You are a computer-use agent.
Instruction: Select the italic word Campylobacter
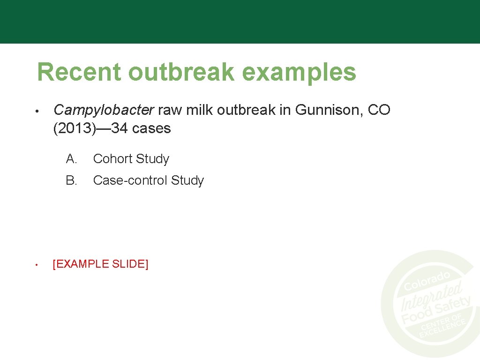click(104, 110)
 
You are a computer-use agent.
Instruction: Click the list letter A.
click(71, 159)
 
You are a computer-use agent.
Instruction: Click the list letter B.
click(71, 180)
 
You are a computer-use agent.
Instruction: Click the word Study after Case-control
click(187, 181)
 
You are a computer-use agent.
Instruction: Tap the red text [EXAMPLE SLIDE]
click(101, 264)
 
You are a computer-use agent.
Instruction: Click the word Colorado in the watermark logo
click(427, 280)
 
